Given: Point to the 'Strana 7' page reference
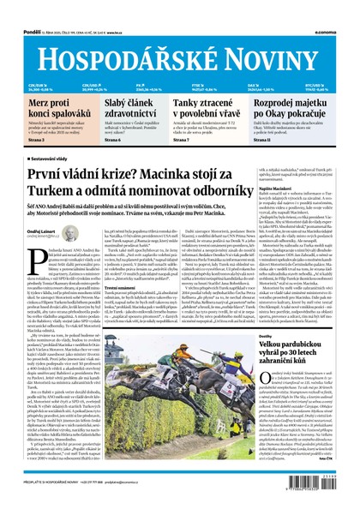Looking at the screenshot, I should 184,139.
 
